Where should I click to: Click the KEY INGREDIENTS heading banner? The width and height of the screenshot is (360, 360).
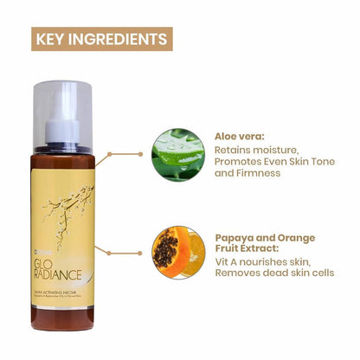[100, 38]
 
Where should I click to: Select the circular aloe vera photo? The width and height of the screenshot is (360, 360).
[179, 156]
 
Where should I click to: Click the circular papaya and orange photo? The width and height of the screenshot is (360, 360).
[179, 251]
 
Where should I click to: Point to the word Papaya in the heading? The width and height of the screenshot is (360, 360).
[235, 237]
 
